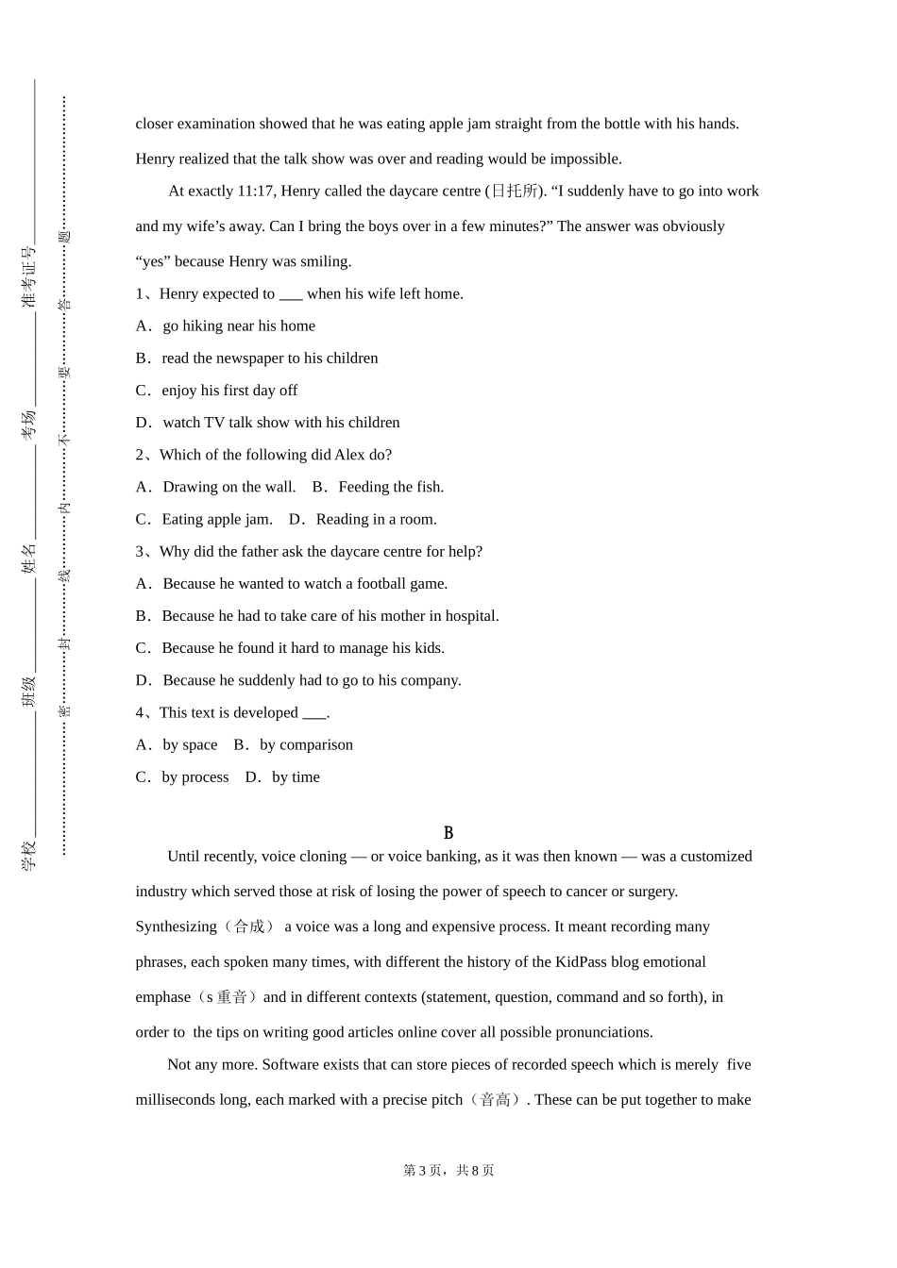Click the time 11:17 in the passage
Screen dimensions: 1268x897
[x=256, y=192]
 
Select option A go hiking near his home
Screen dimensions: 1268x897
[x=238, y=326]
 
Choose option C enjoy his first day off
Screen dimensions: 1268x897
[x=228, y=391]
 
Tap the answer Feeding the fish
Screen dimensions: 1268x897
[x=390, y=488]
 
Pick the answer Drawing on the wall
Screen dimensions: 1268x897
[x=228, y=488]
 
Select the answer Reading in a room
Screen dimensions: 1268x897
[x=376, y=520]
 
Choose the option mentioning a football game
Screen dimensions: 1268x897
[x=304, y=584]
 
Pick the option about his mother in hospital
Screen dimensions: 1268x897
[x=330, y=616]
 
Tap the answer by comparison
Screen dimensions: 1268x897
[x=306, y=745]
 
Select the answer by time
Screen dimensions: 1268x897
[x=296, y=777]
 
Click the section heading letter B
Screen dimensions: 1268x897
[x=448, y=833]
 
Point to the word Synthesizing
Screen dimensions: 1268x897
[x=177, y=927]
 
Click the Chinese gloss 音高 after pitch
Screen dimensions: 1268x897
[x=496, y=1100]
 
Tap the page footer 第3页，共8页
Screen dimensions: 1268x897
[x=448, y=1171]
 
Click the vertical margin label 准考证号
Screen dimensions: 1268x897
[x=28, y=277]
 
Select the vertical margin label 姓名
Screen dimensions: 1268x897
[x=28, y=558]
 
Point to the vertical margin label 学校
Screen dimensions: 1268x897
[x=28, y=855]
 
